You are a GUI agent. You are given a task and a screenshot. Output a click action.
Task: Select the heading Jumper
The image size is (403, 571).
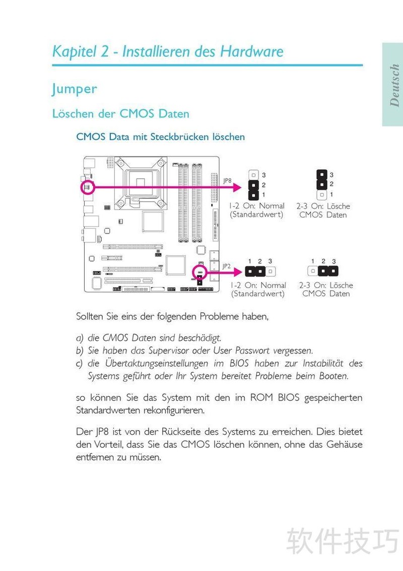[x=74, y=89]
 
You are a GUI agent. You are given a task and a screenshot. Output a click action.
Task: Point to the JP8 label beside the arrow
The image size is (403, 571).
[x=227, y=180]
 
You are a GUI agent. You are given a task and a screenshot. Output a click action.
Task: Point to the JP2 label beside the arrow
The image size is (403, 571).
[x=227, y=265]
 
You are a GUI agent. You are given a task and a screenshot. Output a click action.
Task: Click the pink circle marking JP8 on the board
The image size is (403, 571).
[x=87, y=188]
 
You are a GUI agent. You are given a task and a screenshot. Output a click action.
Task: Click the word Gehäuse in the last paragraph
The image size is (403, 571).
[x=342, y=445]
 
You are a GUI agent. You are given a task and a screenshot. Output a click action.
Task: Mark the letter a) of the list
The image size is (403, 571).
[x=80, y=337]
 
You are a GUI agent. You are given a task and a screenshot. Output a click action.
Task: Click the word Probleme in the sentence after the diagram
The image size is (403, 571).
[x=220, y=317]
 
